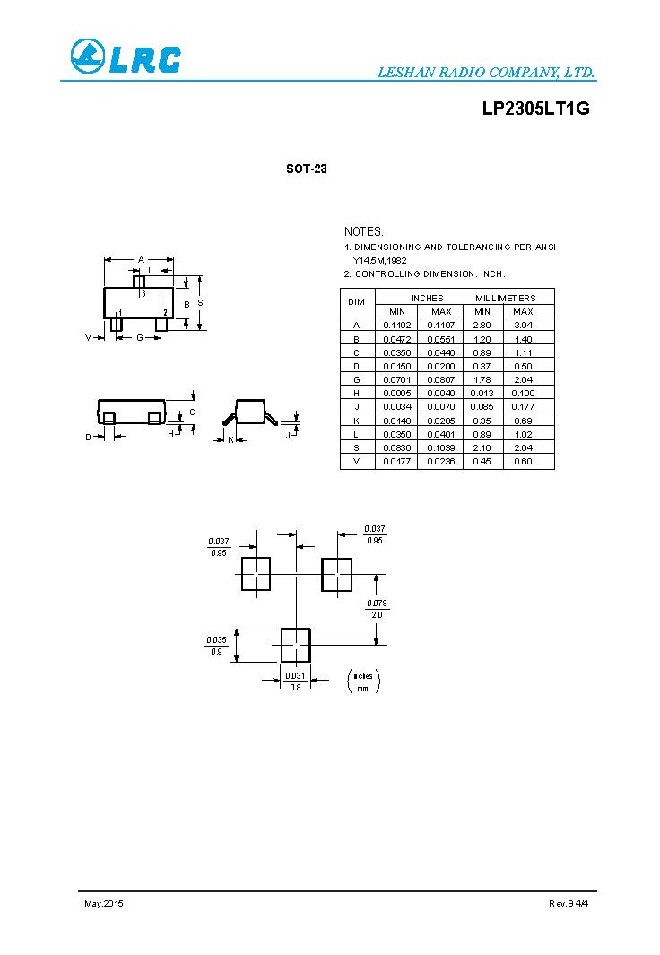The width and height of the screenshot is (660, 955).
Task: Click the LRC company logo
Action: [x=126, y=57]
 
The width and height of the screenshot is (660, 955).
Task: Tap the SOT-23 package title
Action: [x=306, y=169]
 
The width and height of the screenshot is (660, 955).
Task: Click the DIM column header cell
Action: [x=357, y=303]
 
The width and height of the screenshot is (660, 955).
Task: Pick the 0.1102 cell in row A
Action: [x=395, y=325]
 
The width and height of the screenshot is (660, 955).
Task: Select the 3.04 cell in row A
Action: [x=523, y=325]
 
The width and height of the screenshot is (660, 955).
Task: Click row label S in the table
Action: [x=357, y=447]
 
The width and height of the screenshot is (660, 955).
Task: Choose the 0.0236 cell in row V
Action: [x=440, y=461]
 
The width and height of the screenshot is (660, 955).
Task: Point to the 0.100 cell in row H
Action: [x=523, y=393]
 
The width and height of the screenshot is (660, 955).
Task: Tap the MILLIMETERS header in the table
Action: [x=505, y=298]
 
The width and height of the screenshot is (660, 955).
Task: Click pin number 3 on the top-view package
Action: [x=143, y=293]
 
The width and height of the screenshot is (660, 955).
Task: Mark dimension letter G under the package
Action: [x=140, y=338]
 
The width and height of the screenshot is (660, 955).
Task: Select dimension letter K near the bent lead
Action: [x=230, y=439]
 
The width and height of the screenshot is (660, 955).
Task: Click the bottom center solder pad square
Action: [x=296, y=645]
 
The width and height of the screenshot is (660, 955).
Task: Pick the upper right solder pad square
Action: [x=337, y=574]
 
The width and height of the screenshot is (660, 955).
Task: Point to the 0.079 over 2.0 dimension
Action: [x=377, y=609]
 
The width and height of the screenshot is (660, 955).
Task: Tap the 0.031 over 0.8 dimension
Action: [x=295, y=681]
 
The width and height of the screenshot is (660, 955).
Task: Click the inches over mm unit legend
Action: [x=363, y=682]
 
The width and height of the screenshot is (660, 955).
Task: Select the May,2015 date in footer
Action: [x=104, y=903]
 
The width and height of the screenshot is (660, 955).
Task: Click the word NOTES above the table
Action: [x=364, y=231]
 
